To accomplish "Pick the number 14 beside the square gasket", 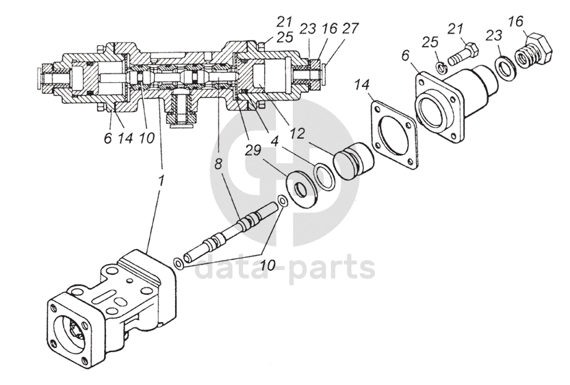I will (363, 85).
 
